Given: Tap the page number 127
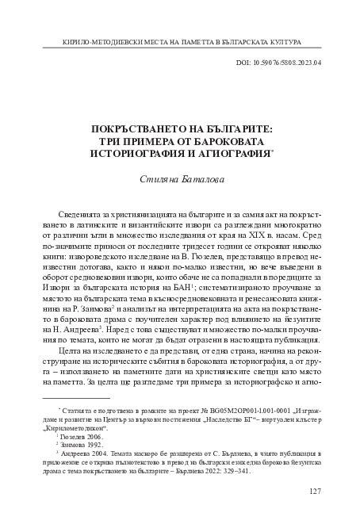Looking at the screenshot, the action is tap(313, 492).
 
